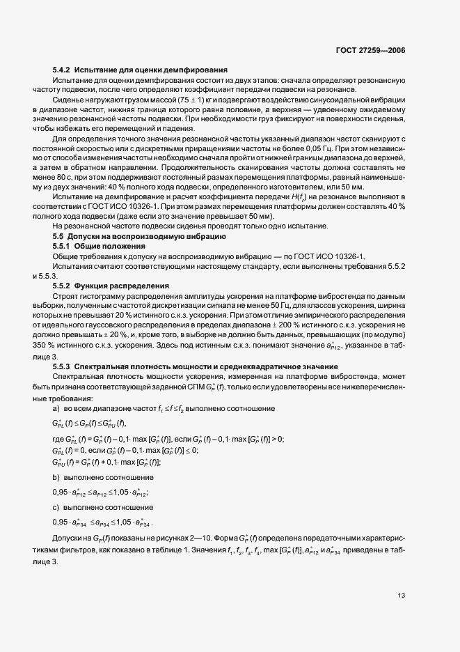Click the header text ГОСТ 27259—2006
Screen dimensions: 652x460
pyautogui.click(x=370, y=51)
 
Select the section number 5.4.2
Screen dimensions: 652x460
pyautogui.click(x=61, y=70)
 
